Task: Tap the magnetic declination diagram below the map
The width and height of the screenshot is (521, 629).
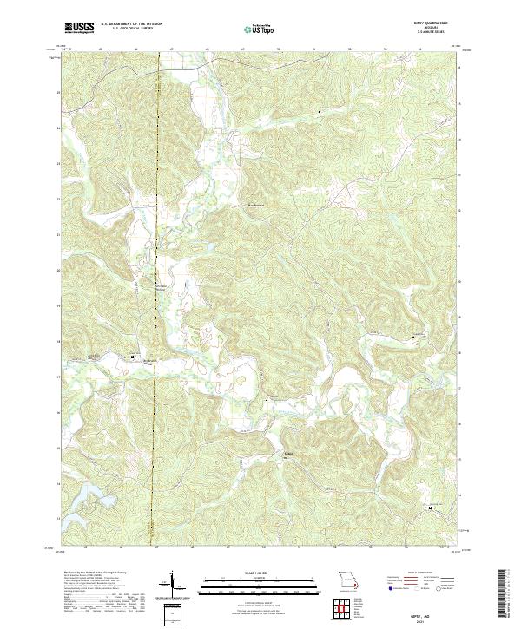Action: [x=172, y=586]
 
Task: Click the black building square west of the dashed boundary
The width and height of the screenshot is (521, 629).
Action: [x=133, y=357]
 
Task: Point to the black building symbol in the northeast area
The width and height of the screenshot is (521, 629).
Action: [x=318, y=110]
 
